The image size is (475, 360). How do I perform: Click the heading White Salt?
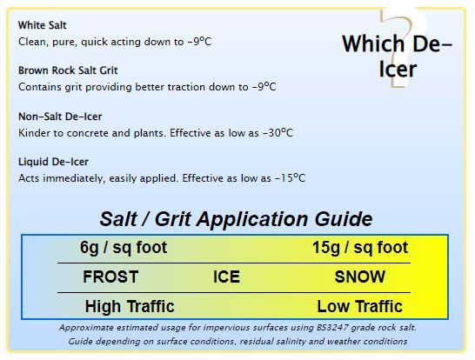point(42,25)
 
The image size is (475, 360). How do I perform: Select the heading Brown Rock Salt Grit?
point(68,70)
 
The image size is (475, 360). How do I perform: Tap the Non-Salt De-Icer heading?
point(60,117)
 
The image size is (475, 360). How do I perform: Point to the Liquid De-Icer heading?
point(53,162)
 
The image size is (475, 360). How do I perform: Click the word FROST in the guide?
point(110,277)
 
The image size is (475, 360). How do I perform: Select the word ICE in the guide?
point(226,277)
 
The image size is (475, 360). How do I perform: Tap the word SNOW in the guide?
point(360,277)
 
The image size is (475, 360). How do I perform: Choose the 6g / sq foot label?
point(124,248)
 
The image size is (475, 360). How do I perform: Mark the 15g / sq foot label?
point(360,248)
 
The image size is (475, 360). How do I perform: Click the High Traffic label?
point(130,306)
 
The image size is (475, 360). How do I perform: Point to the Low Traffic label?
point(359,306)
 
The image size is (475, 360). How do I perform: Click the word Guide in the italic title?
point(344,218)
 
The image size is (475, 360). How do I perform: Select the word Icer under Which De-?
point(398,70)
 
